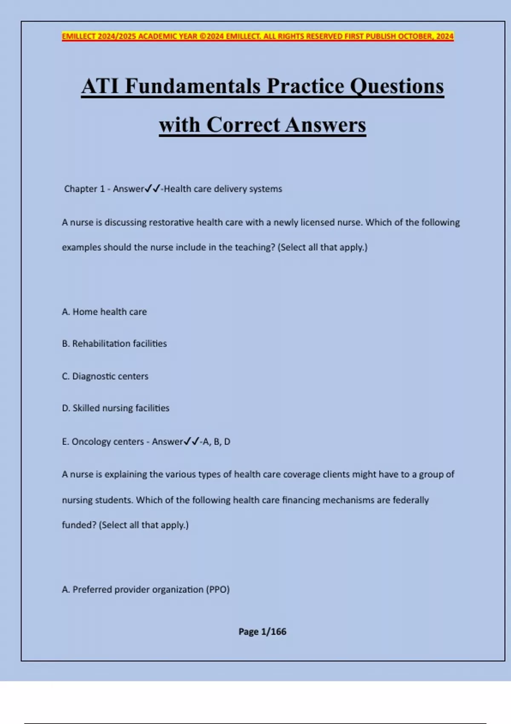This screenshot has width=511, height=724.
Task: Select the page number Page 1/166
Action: (x=262, y=632)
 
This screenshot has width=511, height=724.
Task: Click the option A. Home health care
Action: (x=104, y=312)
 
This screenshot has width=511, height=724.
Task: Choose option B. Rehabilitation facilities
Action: (x=114, y=344)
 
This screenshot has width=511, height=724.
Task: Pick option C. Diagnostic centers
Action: (x=105, y=376)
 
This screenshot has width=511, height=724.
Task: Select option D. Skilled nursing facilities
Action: (x=115, y=408)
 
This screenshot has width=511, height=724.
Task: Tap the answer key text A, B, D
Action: (x=217, y=442)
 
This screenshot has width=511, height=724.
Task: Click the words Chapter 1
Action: (x=84, y=189)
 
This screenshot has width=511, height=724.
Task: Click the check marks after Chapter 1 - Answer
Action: (x=152, y=189)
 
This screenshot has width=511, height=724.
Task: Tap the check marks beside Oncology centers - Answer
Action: (x=191, y=442)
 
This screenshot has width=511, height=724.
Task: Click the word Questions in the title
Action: (x=397, y=86)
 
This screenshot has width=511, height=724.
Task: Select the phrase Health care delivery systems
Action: (x=223, y=189)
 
